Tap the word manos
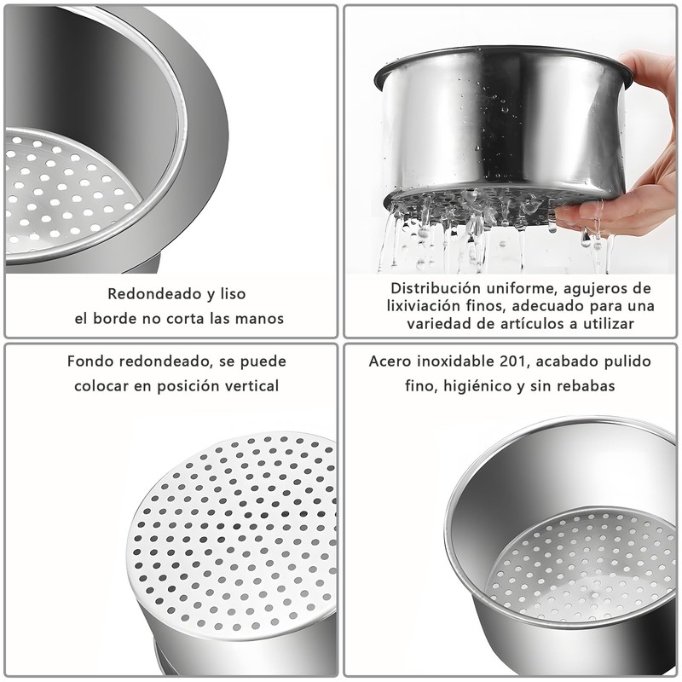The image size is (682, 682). point(262,319)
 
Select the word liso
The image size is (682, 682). point(230,294)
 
